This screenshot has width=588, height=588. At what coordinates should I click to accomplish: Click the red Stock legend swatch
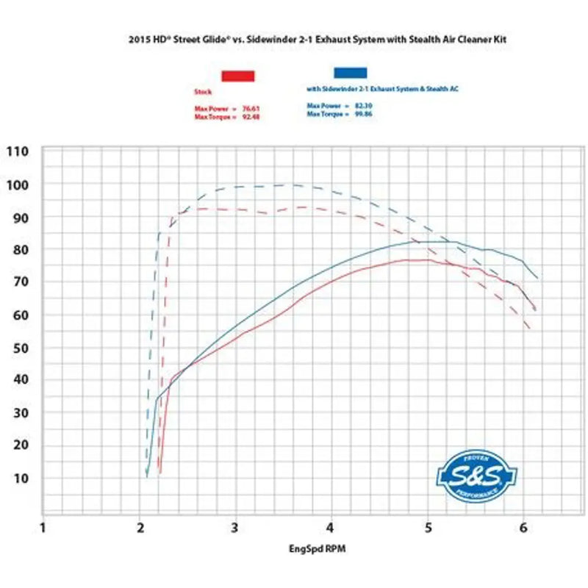[x=237, y=76]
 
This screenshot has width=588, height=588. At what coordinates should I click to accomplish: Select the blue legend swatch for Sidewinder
[x=350, y=73]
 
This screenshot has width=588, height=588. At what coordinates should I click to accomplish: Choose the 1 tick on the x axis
[x=43, y=528]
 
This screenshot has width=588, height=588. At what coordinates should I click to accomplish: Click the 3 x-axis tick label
[x=235, y=528]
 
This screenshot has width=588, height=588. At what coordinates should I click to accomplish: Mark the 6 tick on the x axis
[x=523, y=528]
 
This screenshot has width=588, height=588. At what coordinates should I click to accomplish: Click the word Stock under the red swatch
[x=203, y=93]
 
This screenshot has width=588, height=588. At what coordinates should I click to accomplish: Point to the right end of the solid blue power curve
[x=537, y=278]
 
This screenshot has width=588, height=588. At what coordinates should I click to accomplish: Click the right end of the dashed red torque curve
[x=529, y=328]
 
